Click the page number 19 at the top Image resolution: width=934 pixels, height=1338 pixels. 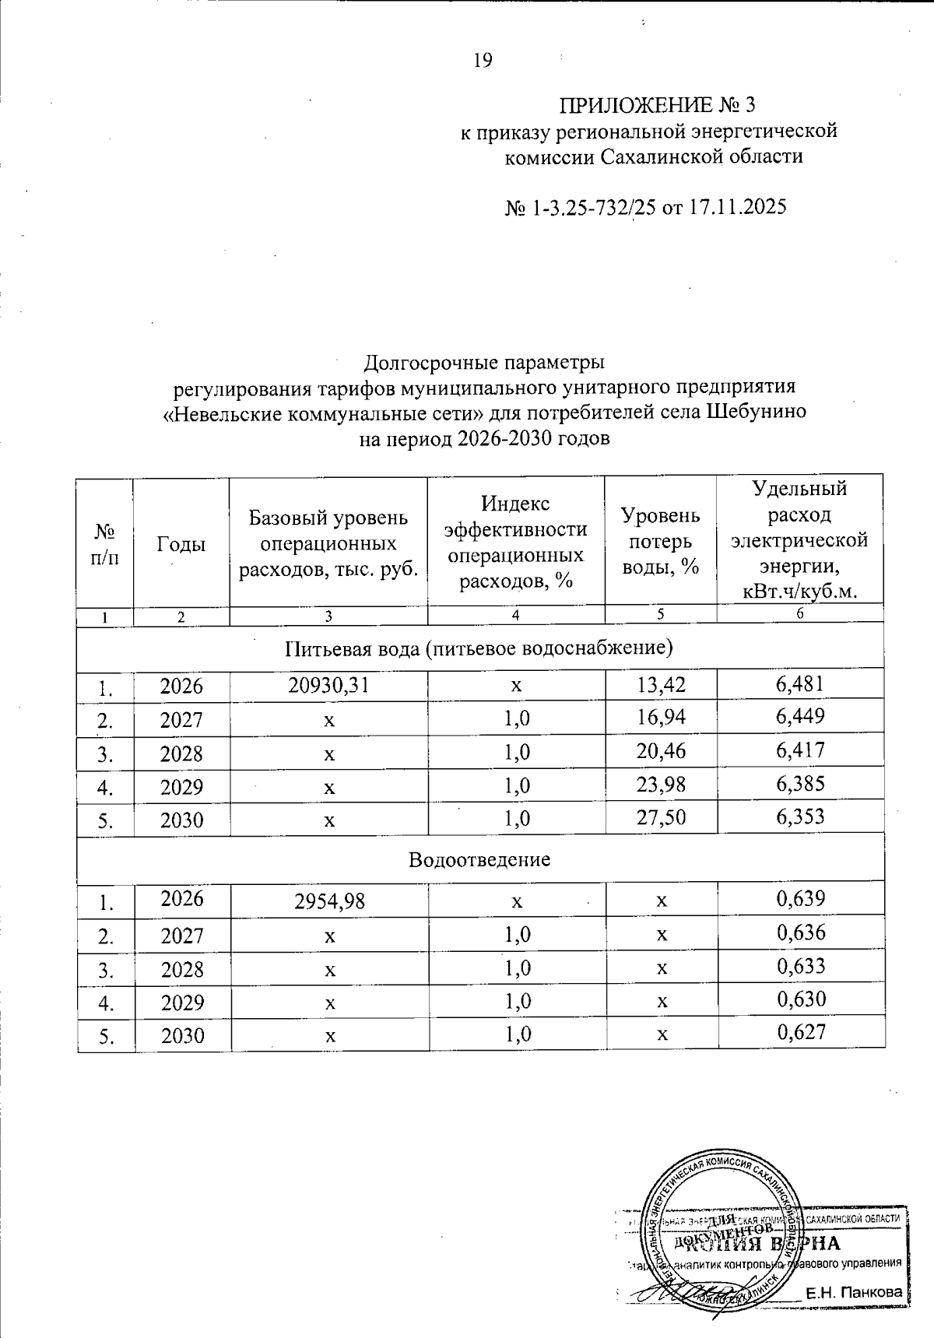click(x=483, y=61)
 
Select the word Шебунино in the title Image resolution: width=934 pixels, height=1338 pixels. click(x=756, y=413)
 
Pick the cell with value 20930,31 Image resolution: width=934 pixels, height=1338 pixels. click(x=328, y=685)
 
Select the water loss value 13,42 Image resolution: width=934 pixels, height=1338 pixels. click(x=661, y=685)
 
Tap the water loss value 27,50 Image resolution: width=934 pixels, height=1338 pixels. click(x=661, y=818)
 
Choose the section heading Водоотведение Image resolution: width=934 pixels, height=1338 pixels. click(x=479, y=859)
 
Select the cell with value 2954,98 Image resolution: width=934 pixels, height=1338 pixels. click(x=328, y=901)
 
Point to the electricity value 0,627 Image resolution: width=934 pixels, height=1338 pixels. click(x=800, y=1033)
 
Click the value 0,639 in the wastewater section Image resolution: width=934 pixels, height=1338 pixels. click(x=800, y=900)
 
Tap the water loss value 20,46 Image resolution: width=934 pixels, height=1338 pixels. click(x=661, y=751)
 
